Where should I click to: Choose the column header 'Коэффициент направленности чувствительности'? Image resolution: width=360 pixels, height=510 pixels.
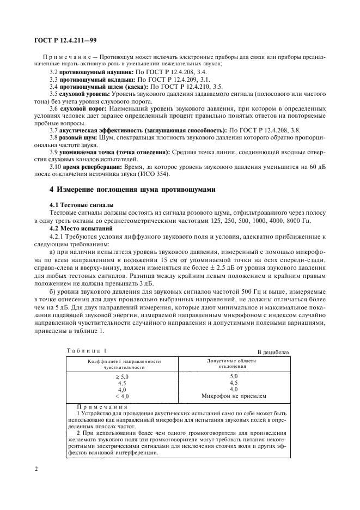point(125,365)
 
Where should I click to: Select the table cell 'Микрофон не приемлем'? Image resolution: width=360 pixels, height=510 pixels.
point(234,396)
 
